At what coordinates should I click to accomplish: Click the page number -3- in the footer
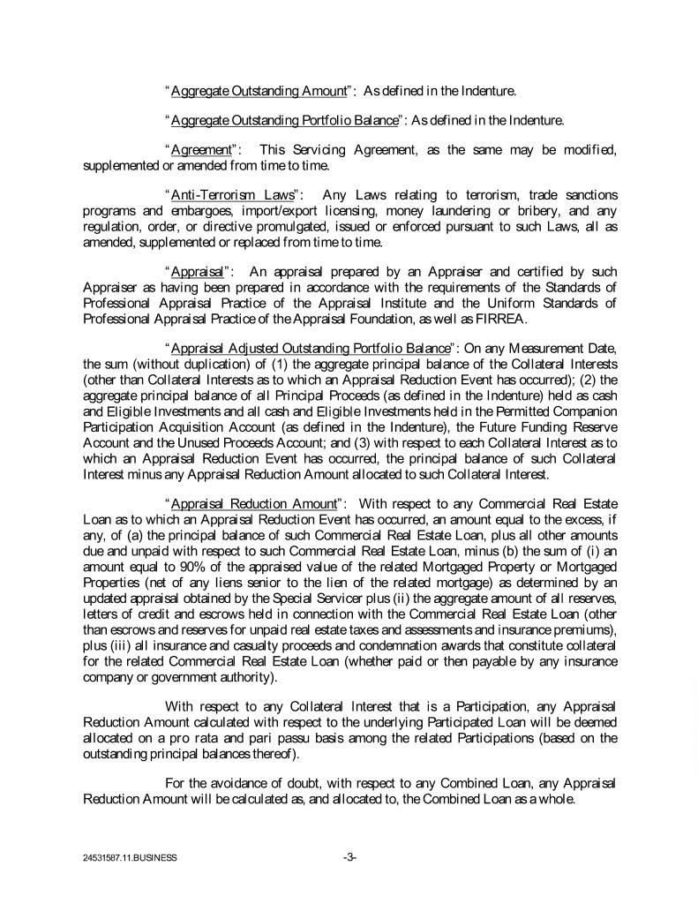tap(349, 856)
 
